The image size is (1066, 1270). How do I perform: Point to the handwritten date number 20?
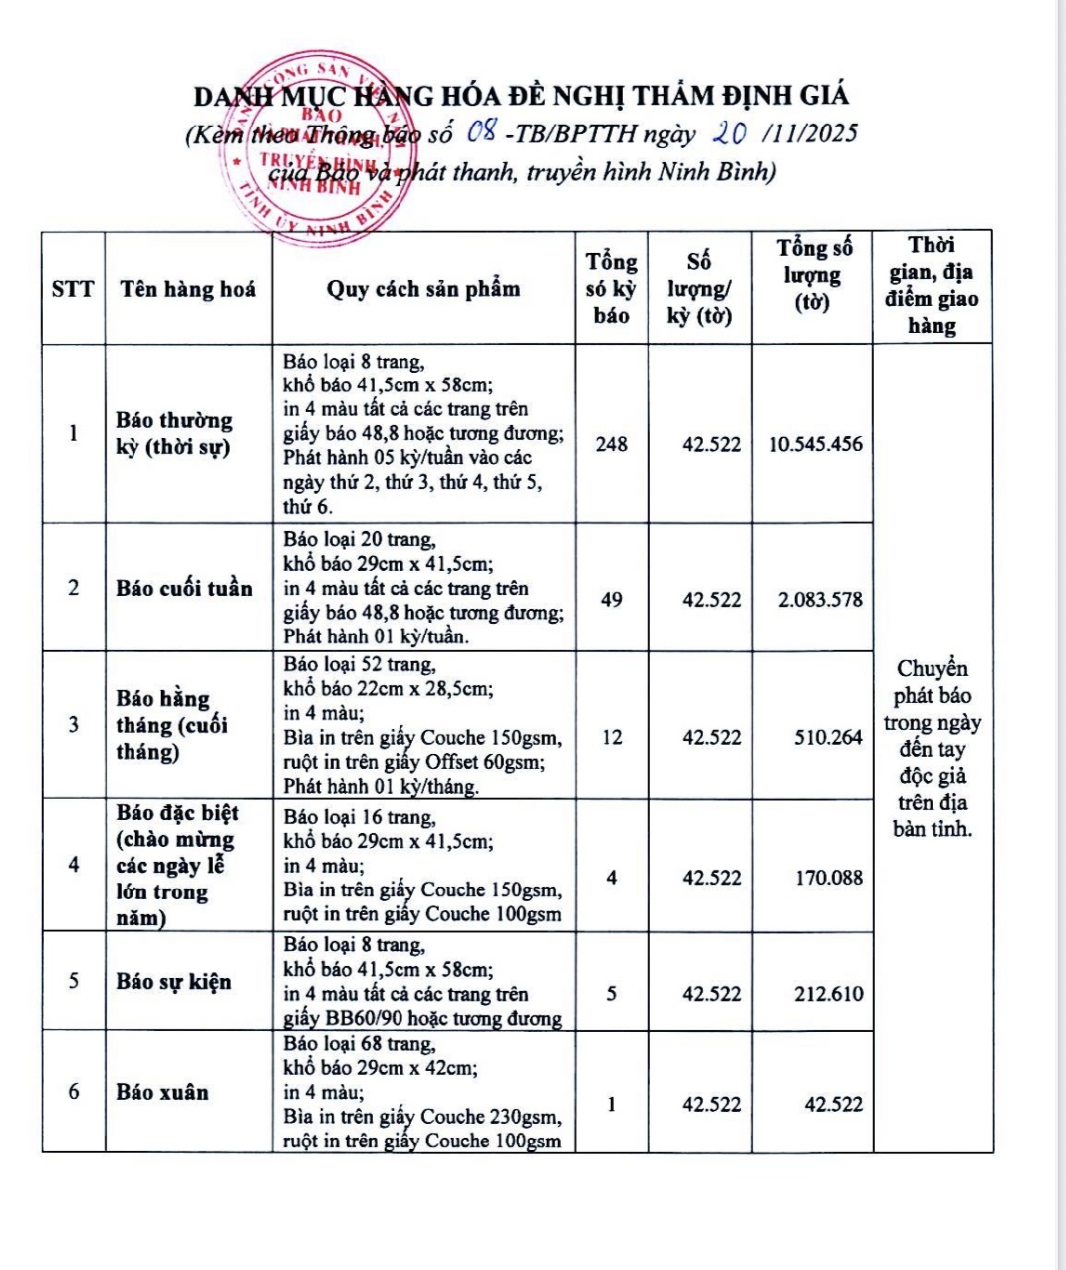pos(730,132)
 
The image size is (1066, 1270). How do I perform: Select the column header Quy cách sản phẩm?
pos(423,289)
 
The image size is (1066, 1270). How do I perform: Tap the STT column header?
pos(73,289)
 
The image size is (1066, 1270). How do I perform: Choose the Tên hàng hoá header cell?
pos(187,289)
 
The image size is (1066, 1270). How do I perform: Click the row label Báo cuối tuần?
pos(184,588)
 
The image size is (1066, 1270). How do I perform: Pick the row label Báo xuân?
pos(162,1092)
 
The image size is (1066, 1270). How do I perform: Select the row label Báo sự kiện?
pos(173,981)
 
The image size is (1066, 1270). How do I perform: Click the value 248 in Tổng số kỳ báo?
pos(611,444)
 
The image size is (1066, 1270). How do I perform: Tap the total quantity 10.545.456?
pos(815,444)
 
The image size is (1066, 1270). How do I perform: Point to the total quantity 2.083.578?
pos(820,600)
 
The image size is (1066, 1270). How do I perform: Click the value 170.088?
pos(828,878)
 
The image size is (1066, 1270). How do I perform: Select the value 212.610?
pos(828,994)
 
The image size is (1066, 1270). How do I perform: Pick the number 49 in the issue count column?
pos(611,600)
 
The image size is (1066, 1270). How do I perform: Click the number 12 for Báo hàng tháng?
pos(611,738)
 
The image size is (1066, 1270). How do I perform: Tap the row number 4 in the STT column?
pos(73,864)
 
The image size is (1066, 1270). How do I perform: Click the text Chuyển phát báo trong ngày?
pos(933,695)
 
